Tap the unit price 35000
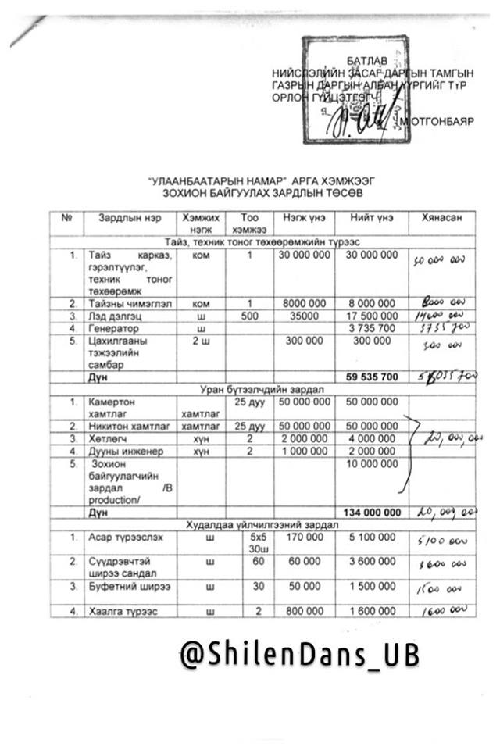pyautogui.click(x=303, y=315)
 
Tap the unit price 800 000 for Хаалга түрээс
pyautogui.click(x=303, y=612)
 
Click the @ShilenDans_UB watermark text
pyautogui.click(x=299, y=654)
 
